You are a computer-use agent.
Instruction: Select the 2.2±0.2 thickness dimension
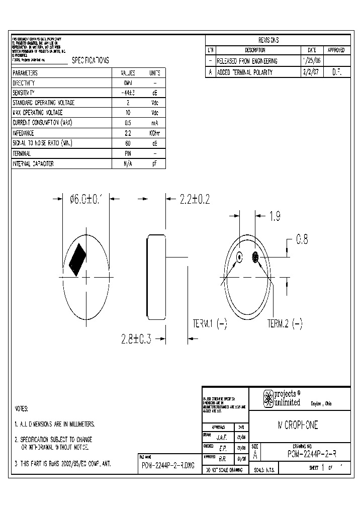coord(195,199)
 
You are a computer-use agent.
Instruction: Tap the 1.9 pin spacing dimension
coord(275,216)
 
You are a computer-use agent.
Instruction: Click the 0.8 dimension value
coord(302,240)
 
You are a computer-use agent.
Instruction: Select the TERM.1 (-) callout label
coord(210,324)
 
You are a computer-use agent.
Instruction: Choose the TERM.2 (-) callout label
coord(285,324)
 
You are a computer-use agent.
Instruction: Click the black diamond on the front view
coord(78,260)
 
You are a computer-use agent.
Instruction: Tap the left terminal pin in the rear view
coord(240,258)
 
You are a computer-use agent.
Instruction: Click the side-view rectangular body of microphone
coord(156,277)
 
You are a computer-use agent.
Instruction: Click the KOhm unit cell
coord(155,133)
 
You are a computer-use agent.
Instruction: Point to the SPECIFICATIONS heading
coord(90,60)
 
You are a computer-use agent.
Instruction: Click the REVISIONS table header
coord(268,40)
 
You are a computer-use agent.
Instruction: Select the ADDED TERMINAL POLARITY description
coord(245,72)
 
